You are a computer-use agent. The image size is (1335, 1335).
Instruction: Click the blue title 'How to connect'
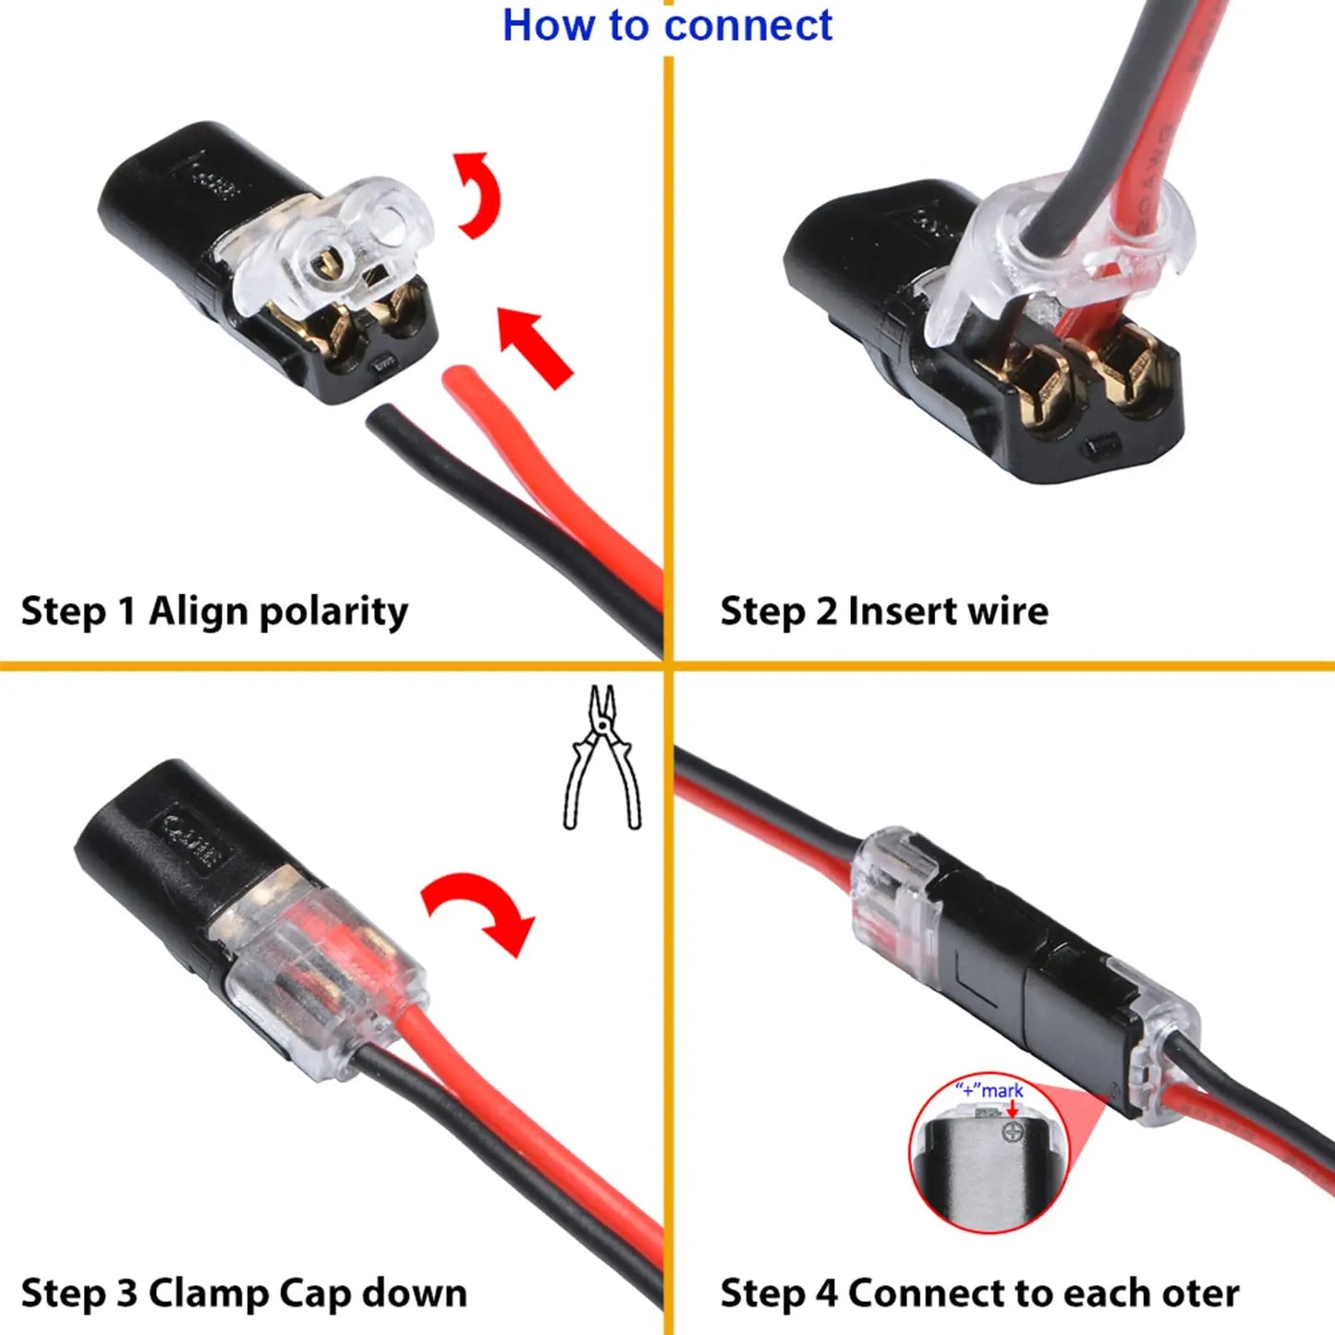(666, 26)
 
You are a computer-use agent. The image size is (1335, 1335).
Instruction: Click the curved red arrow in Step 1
(479, 195)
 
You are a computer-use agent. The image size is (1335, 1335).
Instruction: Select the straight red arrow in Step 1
(534, 347)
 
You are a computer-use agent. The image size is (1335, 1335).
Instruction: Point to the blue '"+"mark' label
(989, 1090)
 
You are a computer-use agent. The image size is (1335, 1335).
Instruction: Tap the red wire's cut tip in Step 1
(460, 378)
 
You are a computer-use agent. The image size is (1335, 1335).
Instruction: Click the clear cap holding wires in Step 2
(1062, 259)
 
